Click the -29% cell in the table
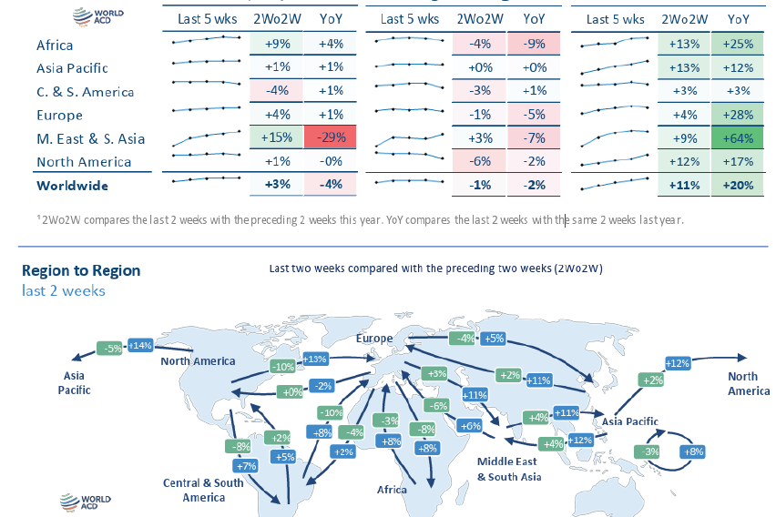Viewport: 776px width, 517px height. coord(330,138)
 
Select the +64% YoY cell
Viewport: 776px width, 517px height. coord(739,138)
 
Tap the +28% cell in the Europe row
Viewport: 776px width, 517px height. coord(739,115)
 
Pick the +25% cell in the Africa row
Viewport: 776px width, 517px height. coord(739,45)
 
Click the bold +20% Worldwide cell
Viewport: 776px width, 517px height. coord(739,186)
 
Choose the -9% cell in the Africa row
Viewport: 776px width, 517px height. coord(535,45)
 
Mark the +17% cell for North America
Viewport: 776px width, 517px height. coord(739,162)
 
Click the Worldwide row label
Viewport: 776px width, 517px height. coord(72,186)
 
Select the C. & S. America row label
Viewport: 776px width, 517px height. coord(85,92)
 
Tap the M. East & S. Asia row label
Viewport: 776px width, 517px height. coord(90,139)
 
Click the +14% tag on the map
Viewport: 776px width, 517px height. coord(140,346)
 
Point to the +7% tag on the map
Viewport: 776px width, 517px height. coord(247,466)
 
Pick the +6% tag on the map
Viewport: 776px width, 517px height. coord(471,426)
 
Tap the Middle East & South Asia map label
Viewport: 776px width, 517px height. coord(509,469)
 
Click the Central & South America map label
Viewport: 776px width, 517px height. coord(203,490)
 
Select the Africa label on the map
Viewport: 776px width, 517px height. coord(392,490)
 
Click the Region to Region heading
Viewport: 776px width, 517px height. coord(81,270)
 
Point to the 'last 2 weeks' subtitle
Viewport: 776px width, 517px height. coord(64,290)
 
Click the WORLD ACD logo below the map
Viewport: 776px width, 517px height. coord(85,501)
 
